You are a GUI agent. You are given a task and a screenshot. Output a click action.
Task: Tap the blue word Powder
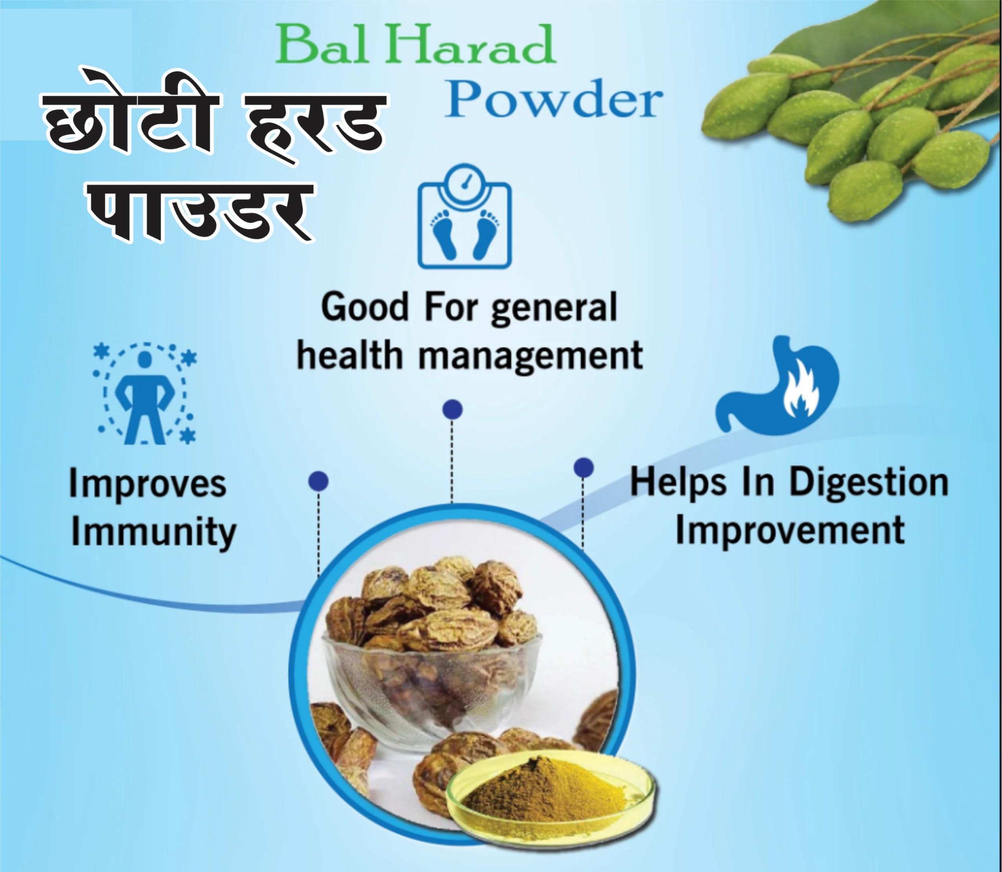pos(553,100)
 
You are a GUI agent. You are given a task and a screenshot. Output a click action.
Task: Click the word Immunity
pos(154,532)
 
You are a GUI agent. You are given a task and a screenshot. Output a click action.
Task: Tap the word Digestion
pos(869,483)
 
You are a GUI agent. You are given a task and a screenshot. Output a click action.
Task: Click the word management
pos(531,356)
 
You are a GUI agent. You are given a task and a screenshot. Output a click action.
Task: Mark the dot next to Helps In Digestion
pos(583,467)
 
